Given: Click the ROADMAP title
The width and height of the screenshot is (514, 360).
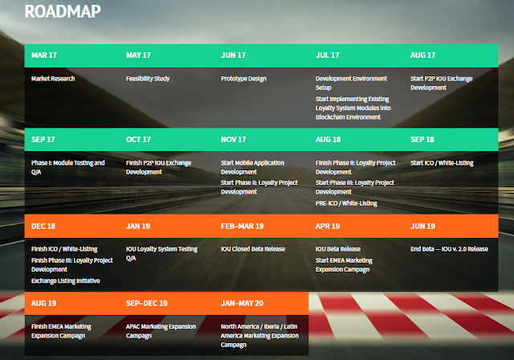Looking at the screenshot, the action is click(x=63, y=11).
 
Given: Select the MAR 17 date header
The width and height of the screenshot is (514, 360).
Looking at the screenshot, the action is click(x=44, y=55).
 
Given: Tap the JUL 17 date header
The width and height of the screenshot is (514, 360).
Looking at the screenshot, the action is click(x=328, y=55).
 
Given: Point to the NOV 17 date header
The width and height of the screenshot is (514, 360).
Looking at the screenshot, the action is click(x=234, y=139).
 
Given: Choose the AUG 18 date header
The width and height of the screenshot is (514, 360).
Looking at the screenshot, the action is click(x=328, y=139).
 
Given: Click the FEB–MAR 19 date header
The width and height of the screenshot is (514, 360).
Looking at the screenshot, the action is click(x=243, y=227).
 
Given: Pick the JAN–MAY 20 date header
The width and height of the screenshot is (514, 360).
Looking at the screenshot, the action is click(x=242, y=303).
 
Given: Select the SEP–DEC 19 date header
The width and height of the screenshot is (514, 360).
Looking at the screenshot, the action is click(x=147, y=303).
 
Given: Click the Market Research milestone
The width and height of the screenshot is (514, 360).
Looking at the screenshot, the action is click(x=53, y=79).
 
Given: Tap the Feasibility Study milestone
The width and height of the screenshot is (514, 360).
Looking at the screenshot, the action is click(x=148, y=79).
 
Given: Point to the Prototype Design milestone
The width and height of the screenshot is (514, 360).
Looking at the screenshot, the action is click(x=243, y=79).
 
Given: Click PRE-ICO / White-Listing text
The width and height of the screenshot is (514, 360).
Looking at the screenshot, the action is click(x=346, y=203).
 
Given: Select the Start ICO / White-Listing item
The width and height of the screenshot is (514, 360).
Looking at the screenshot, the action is click(x=442, y=163).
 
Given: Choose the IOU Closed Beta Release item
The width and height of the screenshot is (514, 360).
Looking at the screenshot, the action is click(x=253, y=249).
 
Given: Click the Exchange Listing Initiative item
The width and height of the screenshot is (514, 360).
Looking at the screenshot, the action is click(x=66, y=281).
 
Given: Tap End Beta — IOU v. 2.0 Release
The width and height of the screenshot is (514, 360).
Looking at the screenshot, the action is click(x=450, y=249).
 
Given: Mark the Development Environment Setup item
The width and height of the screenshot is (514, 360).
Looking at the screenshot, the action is click(x=352, y=84).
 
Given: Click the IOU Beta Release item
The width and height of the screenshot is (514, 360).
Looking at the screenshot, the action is click(x=338, y=249).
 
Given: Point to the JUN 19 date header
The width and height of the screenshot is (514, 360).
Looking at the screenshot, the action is click(x=423, y=227).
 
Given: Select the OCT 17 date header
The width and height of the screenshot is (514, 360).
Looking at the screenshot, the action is click(x=138, y=139).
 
